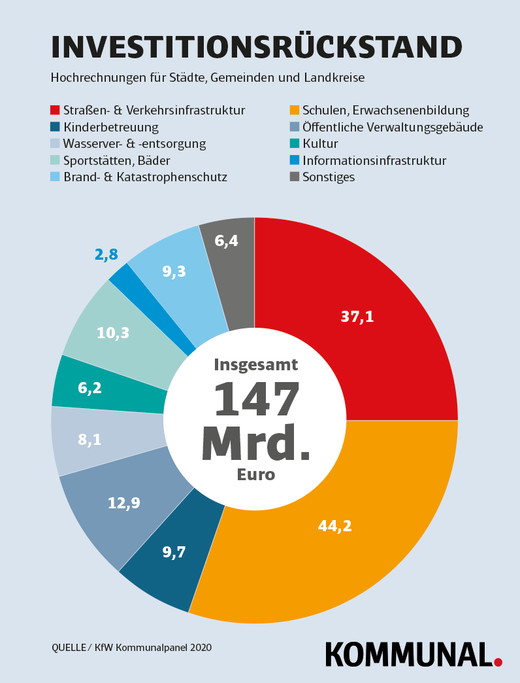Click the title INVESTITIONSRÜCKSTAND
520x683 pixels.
click(x=256, y=48)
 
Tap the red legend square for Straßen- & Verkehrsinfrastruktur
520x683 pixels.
click(x=56, y=110)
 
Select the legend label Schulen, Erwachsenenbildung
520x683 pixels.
click(x=385, y=111)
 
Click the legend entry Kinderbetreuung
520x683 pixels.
click(x=110, y=127)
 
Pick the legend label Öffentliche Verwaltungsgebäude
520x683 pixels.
click(x=393, y=127)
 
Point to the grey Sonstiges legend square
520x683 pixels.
click(x=295, y=177)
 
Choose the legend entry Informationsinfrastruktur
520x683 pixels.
click(x=374, y=160)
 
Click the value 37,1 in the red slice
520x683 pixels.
click(x=357, y=317)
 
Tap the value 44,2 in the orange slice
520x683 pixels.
click(x=334, y=525)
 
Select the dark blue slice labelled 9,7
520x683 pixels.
click(x=174, y=552)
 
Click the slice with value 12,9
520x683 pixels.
click(x=124, y=503)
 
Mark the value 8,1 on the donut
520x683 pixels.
click(x=89, y=440)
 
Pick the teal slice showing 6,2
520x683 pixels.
click(x=89, y=388)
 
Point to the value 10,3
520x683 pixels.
click(x=113, y=333)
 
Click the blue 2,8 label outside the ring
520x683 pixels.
click(x=106, y=255)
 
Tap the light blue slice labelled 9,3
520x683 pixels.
click(x=174, y=271)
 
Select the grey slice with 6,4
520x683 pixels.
click(x=227, y=241)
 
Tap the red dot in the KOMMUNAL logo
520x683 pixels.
click(x=498, y=662)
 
